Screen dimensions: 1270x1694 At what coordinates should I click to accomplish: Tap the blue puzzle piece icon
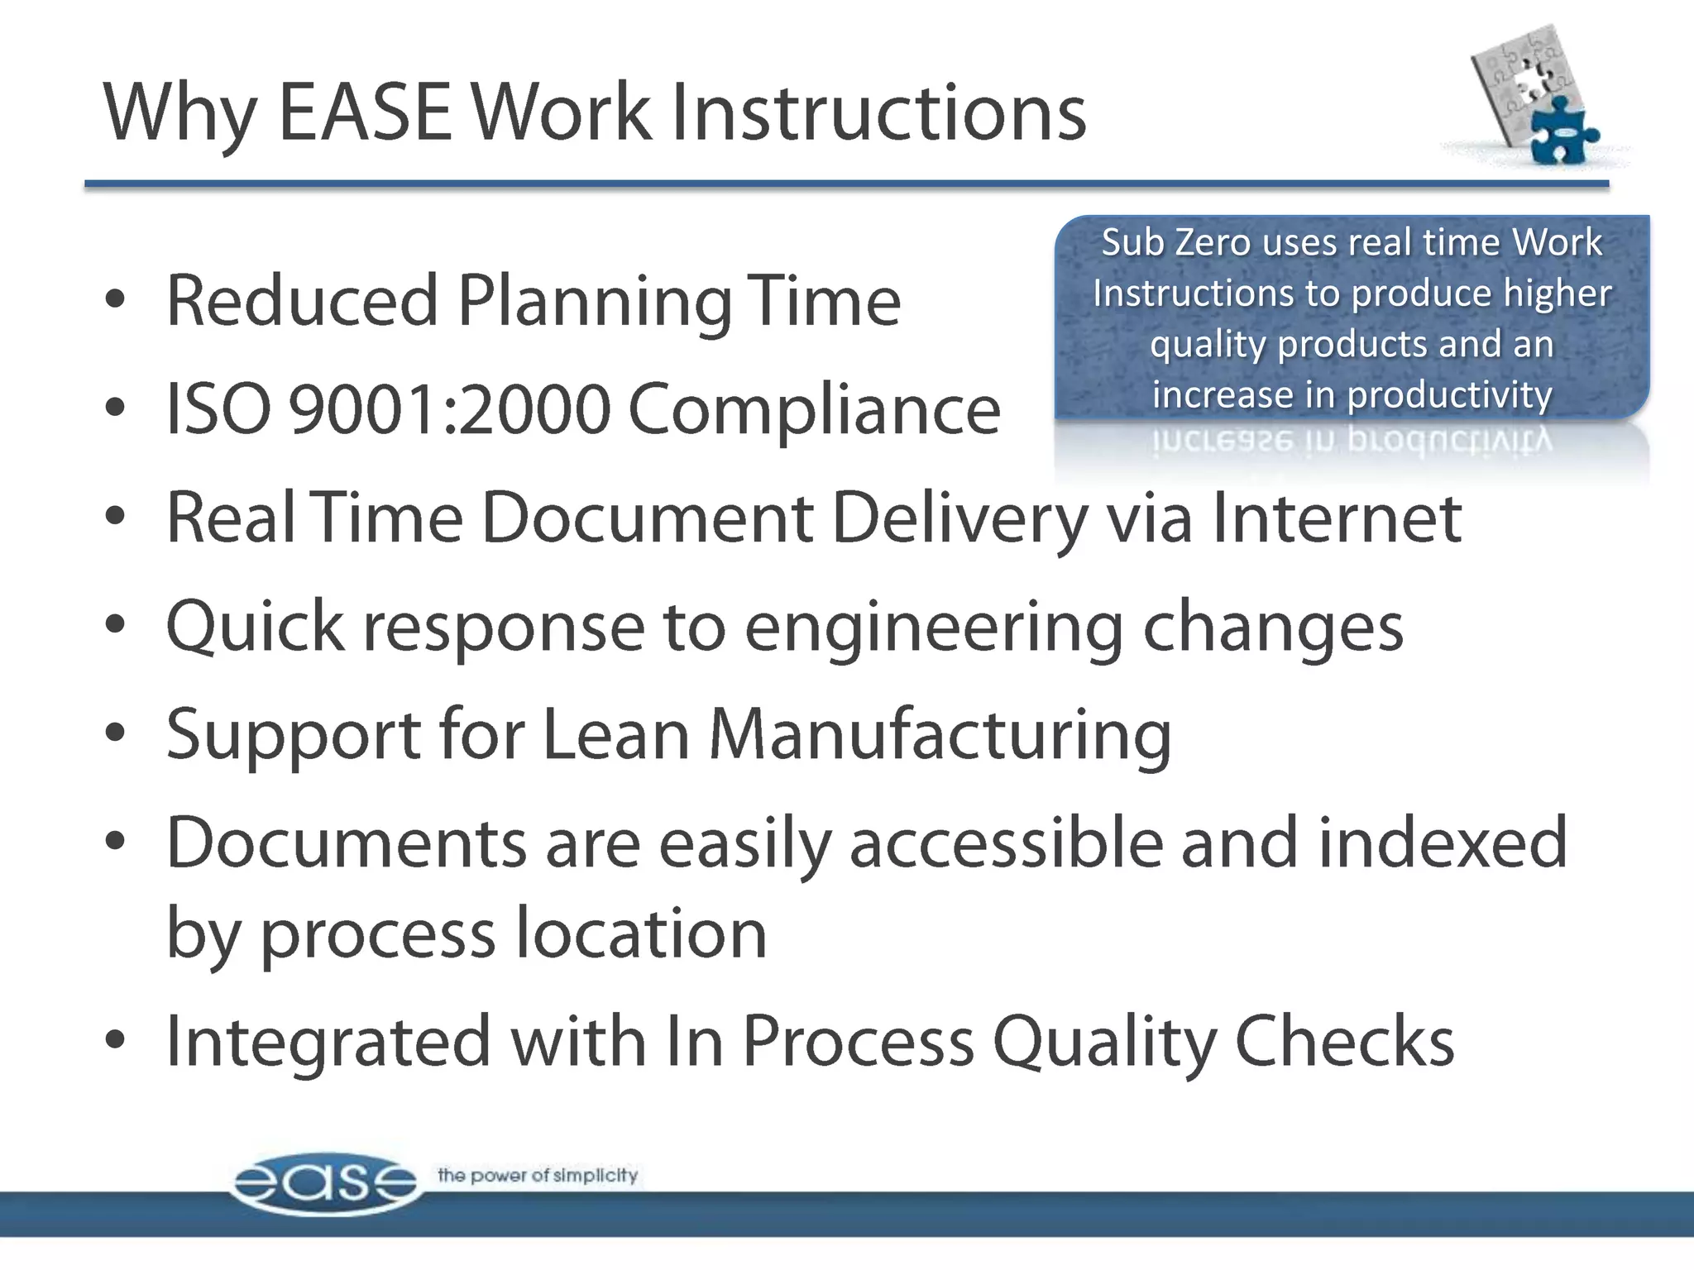[x=1561, y=131]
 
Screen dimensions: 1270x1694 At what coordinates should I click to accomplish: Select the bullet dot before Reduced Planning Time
[x=116, y=300]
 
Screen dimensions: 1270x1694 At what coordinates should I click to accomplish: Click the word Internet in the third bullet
[x=1337, y=518]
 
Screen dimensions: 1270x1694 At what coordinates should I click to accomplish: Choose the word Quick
[x=255, y=627]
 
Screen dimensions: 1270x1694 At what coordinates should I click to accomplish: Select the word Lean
[x=615, y=734]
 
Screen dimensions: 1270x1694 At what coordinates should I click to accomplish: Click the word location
[x=641, y=933]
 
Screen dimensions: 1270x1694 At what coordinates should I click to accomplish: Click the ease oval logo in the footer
[x=325, y=1183]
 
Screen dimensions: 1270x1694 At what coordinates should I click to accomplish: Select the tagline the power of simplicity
[x=538, y=1175]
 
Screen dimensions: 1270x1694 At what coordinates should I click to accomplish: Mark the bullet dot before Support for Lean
[x=116, y=733]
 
